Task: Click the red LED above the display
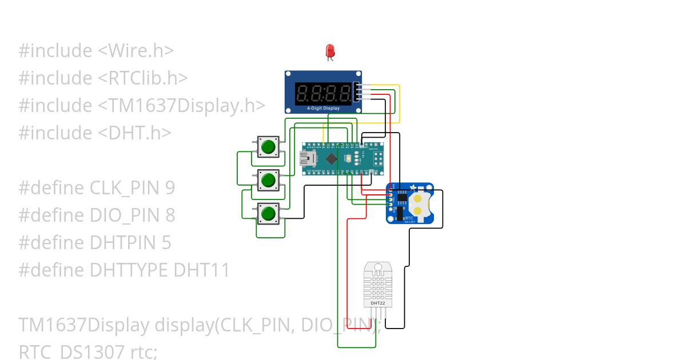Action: pos(330,51)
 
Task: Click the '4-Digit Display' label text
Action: pos(323,108)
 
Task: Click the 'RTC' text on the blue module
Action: pos(409,218)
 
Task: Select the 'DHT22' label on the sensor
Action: pos(378,303)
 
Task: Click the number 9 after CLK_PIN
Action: pos(169,188)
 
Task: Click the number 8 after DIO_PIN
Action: pos(170,215)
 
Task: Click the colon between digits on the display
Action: pos(324,93)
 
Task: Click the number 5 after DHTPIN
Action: pos(166,243)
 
